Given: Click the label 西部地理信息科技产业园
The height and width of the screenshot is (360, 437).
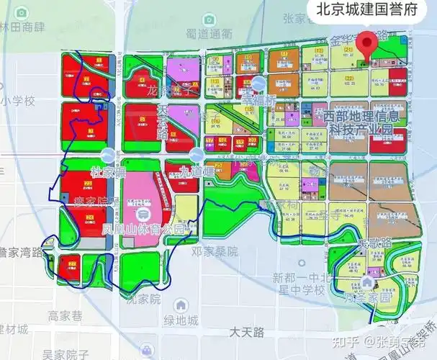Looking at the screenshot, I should (364, 122).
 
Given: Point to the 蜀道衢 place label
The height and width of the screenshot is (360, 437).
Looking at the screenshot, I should (209, 34).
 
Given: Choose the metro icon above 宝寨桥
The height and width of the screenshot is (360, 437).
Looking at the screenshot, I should (258, 84).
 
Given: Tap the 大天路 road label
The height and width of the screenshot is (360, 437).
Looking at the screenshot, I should (248, 332).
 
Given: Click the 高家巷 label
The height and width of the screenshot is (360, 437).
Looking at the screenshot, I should (67, 315).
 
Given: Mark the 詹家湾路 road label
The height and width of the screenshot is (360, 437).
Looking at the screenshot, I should (22, 252).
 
